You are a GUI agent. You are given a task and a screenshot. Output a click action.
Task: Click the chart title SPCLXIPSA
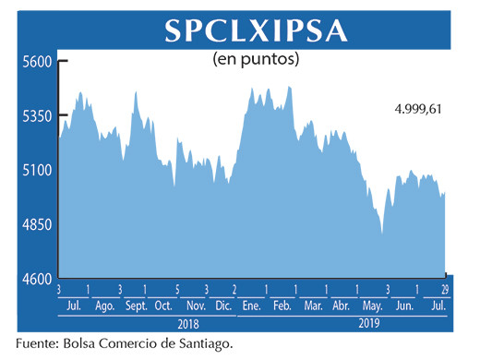click(x=256, y=30)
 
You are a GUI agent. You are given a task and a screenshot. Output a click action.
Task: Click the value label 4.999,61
click(x=418, y=108)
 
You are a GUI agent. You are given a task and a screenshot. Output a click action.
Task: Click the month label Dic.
click(x=222, y=306)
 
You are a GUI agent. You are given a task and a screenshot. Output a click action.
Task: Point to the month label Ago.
click(x=103, y=306)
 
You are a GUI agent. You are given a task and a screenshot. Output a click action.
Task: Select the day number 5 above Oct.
click(x=175, y=290)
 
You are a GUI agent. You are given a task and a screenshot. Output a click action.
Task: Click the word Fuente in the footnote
click(x=37, y=344)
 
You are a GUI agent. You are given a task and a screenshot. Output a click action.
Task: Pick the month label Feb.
click(x=282, y=306)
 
